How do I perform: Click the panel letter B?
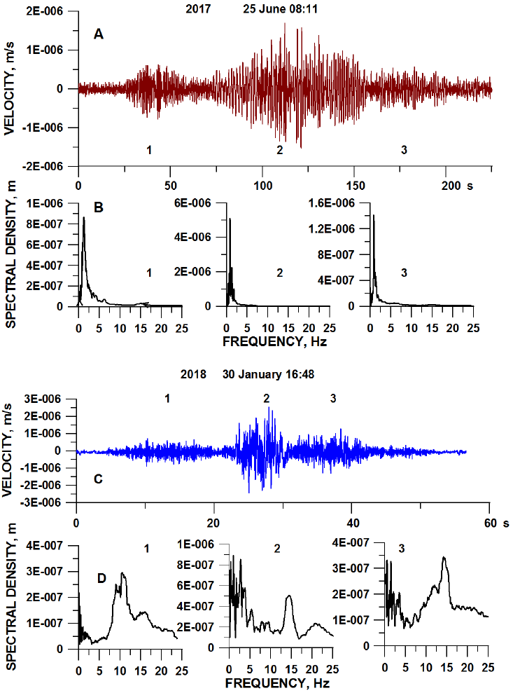99,208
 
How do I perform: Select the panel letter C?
99,480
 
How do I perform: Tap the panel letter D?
101,578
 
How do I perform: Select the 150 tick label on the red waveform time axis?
354,186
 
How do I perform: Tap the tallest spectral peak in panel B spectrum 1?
84,218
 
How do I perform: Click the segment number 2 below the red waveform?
279,150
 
